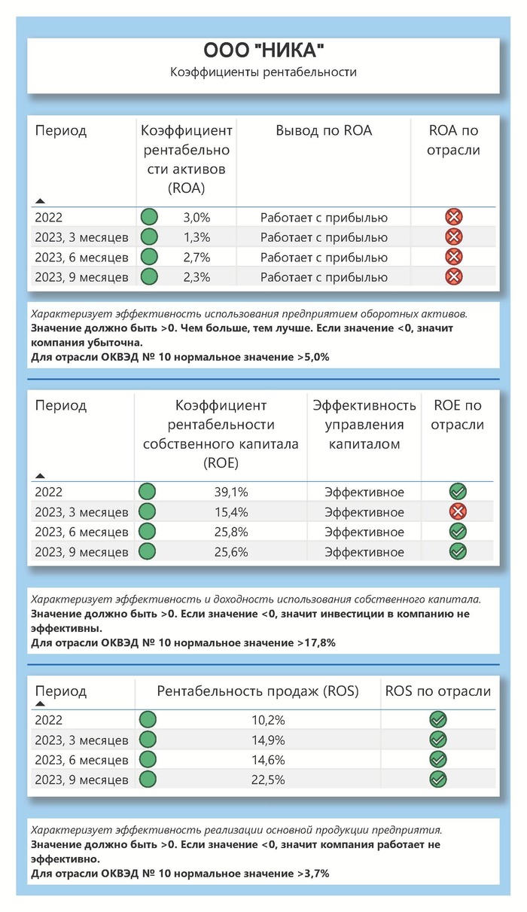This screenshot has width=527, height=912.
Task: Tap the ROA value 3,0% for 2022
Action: tap(197, 218)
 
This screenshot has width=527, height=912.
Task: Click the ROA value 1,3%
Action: tap(197, 237)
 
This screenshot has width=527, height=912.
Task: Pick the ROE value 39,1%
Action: tap(232, 493)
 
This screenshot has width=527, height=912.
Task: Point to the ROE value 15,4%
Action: tap(232, 512)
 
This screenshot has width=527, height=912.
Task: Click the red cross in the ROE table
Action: tap(457, 512)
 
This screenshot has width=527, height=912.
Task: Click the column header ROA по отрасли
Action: tap(453, 140)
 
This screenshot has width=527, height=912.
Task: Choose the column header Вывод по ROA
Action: tap(324, 130)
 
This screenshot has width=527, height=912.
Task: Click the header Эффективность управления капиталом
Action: tap(364, 425)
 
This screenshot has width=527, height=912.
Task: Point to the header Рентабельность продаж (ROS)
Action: tap(257, 691)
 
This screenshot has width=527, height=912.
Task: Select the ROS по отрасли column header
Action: tap(437, 691)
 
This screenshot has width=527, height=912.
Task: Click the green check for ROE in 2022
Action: tap(457, 493)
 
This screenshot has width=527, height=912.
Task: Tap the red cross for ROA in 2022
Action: tap(454, 218)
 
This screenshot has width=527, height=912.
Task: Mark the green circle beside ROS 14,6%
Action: tap(148, 759)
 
